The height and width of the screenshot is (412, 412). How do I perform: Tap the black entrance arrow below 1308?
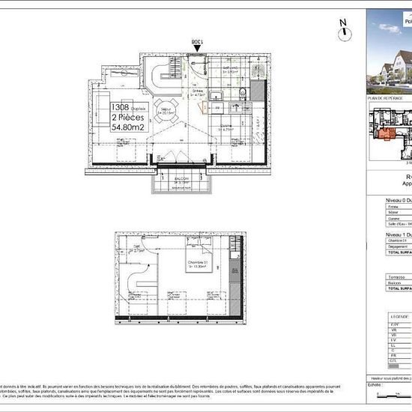click(x=197, y=49)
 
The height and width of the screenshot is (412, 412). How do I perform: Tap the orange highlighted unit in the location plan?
click(x=387, y=136)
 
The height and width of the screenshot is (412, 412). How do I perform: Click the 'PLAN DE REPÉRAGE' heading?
click(x=384, y=99)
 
